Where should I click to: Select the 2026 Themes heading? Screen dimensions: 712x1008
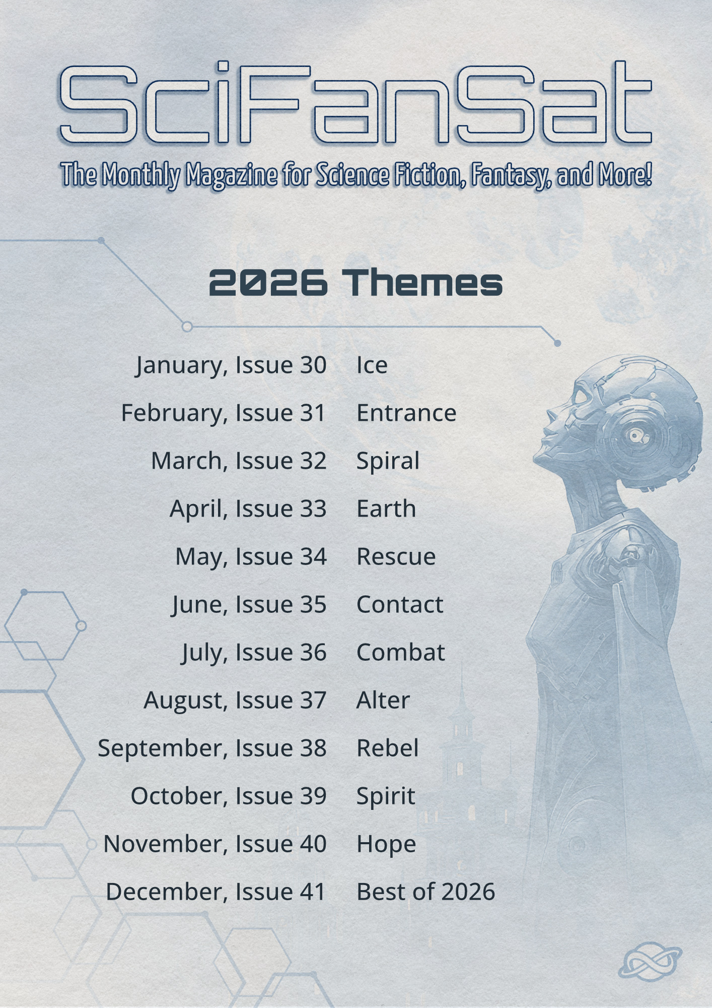pyautogui.click(x=356, y=282)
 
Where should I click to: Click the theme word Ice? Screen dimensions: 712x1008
pyautogui.click(x=372, y=365)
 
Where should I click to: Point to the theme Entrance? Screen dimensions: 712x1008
pyautogui.click(x=406, y=413)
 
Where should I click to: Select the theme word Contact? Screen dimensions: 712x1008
pyautogui.click(x=400, y=604)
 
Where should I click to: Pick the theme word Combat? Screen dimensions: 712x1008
pyautogui.click(x=400, y=652)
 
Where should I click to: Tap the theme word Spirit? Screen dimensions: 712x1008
pyautogui.click(x=386, y=797)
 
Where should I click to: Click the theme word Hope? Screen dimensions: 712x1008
pyautogui.click(x=386, y=845)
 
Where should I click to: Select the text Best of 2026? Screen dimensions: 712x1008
pyautogui.click(x=425, y=892)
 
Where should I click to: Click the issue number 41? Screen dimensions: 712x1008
pyautogui.click(x=313, y=892)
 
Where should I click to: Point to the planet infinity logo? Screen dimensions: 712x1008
pyautogui.click(x=650, y=963)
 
